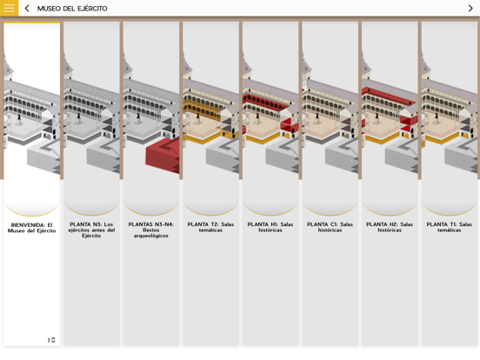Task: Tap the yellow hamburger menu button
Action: pyautogui.click(x=10, y=8)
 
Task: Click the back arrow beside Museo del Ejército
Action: pyautogui.click(x=27, y=9)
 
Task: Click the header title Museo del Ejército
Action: pyautogui.click(x=72, y=9)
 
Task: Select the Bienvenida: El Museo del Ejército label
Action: pyautogui.click(x=32, y=228)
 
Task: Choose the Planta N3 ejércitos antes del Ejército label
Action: pyautogui.click(x=91, y=230)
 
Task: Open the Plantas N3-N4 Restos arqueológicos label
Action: pyautogui.click(x=151, y=230)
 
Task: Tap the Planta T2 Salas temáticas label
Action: pyautogui.click(x=210, y=227)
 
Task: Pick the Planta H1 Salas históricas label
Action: pyautogui.click(x=270, y=227)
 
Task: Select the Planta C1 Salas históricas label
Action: pyautogui.click(x=330, y=227)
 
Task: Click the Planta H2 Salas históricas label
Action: pyautogui.click(x=390, y=227)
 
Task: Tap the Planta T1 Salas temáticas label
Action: pyautogui.click(x=449, y=227)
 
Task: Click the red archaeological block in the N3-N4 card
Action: pyautogui.click(x=163, y=155)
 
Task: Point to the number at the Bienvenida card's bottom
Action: pyautogui.click(x=51, y=340)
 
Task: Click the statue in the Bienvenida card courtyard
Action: pyautogui.click(x=19, y=118)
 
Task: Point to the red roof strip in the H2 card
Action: pyautogui.click(x=389, y=96)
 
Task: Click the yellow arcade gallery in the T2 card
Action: pyautogui.click(x=202, y=109)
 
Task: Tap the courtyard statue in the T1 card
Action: pyautogui.click(x=437, y=118)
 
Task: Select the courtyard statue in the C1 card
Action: pyautogui.click(x=317, y=118)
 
